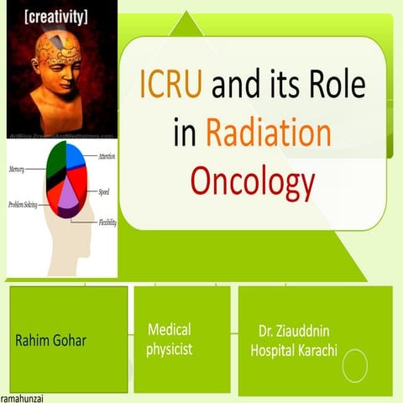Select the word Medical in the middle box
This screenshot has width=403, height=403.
(170, 329)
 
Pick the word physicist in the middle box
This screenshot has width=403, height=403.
(170, 348)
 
